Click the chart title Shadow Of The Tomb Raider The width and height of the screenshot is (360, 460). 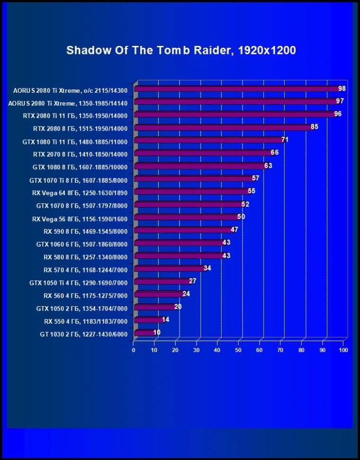coord(181,50)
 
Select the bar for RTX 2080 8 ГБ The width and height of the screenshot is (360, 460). coord(223,127)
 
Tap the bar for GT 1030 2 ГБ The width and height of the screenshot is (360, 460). coord(144,333)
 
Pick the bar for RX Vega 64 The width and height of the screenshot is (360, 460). coord(191,192)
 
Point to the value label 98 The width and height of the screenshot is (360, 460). coord(342,89)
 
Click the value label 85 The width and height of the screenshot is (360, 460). coord(315,127)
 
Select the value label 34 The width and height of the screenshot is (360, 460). coord(207,268)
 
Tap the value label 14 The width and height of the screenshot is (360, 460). coord(165,319)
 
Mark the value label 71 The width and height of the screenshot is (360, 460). coord(285,140)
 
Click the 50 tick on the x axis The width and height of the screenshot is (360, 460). coord(238,350)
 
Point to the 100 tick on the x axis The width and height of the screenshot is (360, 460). coord(343,350)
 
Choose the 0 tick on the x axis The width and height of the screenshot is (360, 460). coord(134,350)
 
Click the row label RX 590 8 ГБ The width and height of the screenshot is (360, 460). coord(85,231)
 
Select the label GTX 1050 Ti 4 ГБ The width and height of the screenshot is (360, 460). coord(78,282)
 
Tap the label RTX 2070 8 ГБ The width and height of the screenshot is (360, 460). coord(80,154)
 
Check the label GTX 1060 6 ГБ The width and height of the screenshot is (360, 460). coord(81,244)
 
